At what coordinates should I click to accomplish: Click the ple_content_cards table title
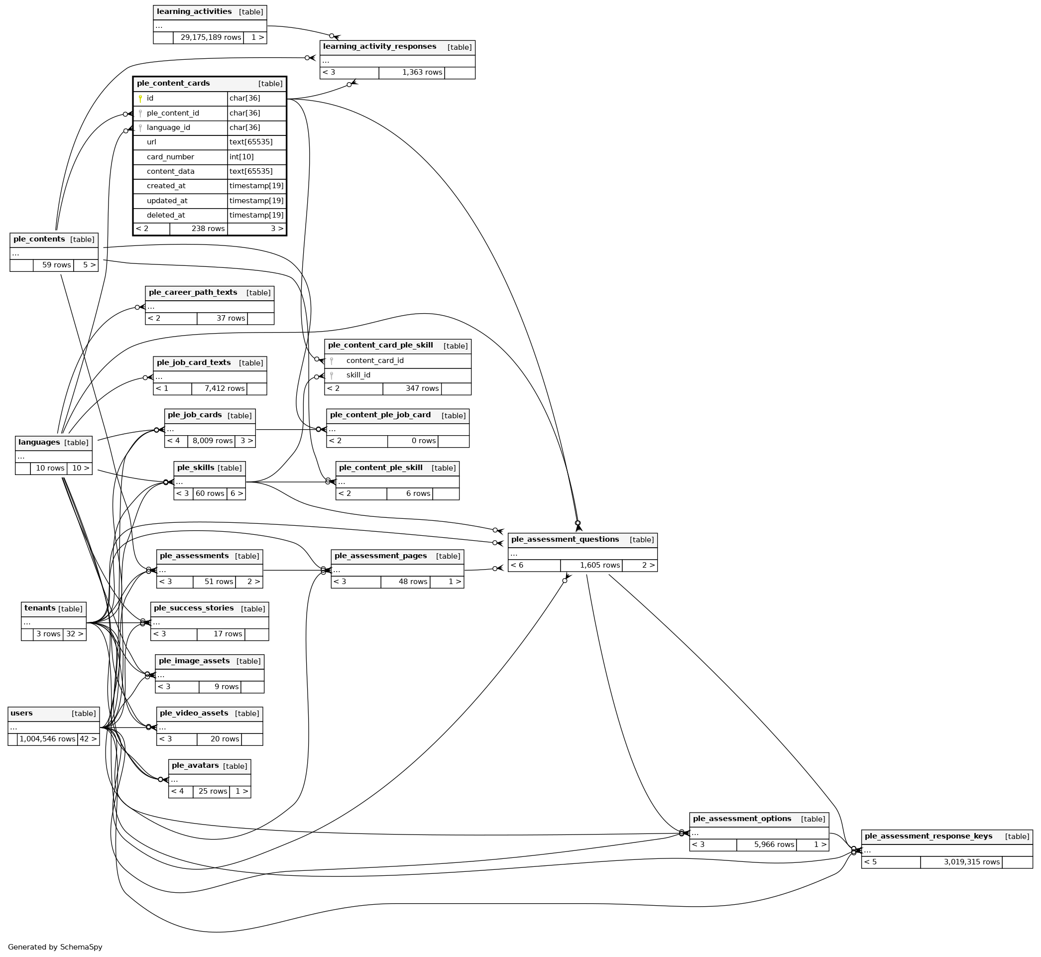click(173, 83)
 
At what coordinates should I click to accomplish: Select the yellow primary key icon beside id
click(140, 99)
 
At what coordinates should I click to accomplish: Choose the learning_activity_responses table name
click(379, 47)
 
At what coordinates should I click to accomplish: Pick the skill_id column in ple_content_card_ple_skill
click(358, 375)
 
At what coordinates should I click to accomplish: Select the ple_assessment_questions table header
click(565, 540)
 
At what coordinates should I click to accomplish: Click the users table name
click(22, 714)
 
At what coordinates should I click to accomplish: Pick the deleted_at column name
click(166, 216)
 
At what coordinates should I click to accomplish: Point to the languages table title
click(39, 442)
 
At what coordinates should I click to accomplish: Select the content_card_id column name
click(375, 361)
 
